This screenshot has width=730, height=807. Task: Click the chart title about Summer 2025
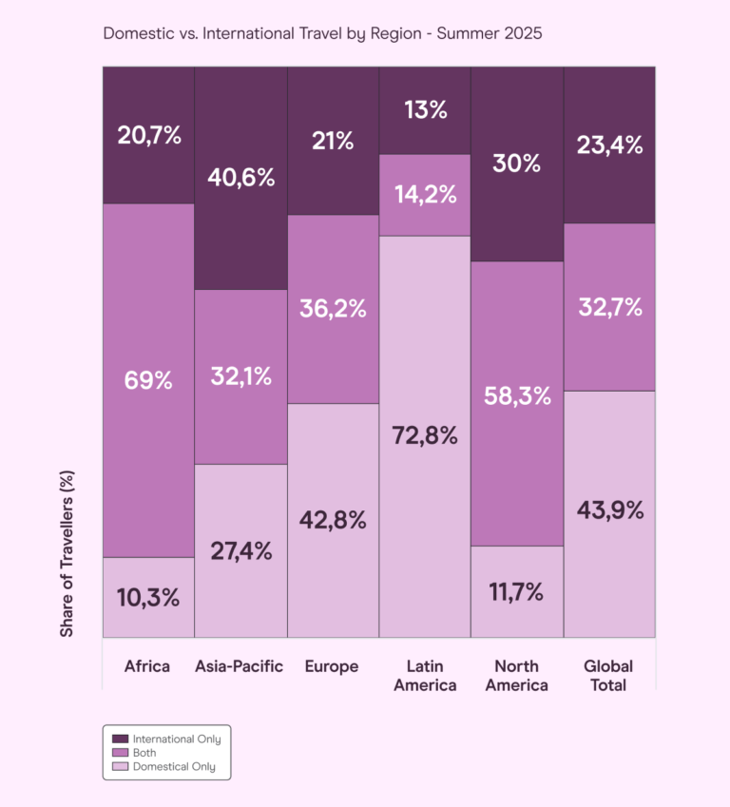(322, 33)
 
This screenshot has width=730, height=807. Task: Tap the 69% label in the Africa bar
(148, 380)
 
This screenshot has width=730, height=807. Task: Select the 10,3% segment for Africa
(148, 598)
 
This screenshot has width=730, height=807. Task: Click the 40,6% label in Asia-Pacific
(241, 178)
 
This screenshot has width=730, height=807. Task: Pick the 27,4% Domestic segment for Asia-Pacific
(241, 550)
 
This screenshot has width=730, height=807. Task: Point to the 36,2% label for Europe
(333, 309)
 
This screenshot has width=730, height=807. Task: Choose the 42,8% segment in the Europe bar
(333, 520)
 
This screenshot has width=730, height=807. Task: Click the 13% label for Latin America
(425, 110)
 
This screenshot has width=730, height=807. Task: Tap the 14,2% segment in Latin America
(425, 195)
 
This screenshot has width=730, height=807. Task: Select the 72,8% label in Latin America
(425, 436)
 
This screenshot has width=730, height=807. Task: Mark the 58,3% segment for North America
(517, 396)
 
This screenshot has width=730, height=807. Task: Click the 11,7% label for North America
(517, 592)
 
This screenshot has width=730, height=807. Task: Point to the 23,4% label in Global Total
(609, 145)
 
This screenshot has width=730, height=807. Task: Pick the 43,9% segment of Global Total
(609, 510)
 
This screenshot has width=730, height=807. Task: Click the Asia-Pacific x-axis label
(240, 666)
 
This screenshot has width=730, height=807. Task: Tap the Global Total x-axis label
(608, 675)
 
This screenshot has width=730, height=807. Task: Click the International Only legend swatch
(120, 739)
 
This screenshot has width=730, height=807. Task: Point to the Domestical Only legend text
(174, 766)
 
